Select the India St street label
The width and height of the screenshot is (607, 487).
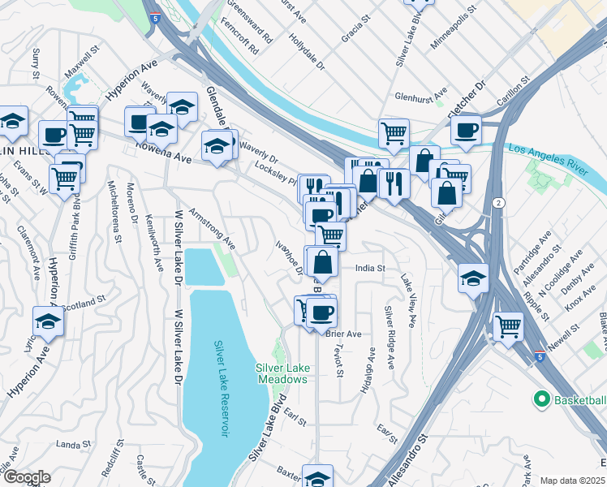[369, 268]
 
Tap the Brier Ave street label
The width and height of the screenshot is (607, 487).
[344, 334]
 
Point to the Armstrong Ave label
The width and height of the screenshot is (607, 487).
[212, 229]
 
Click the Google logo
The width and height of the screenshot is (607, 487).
[28, 477]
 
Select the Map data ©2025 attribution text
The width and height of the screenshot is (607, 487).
[573, 481]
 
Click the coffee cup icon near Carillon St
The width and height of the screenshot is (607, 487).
[466, 130]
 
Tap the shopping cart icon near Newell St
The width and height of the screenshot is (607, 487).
[508, 327]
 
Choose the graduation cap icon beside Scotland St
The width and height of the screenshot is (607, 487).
[49, 321]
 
